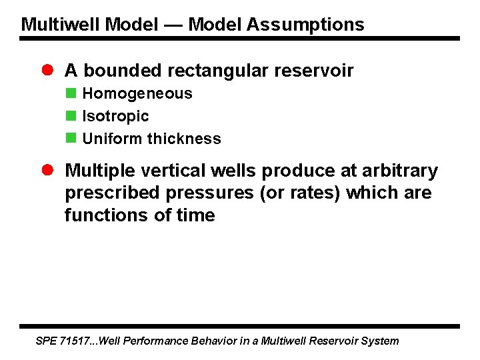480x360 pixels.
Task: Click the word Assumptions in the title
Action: (305, 25)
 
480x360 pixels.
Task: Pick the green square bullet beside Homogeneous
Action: (70, 93)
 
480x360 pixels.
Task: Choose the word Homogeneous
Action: (137, 93)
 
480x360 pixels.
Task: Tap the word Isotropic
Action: (115, 116)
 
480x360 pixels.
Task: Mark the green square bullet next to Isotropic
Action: (70, 116)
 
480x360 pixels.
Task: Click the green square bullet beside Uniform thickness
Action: (70, 139)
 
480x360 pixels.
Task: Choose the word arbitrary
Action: (404, 171)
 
